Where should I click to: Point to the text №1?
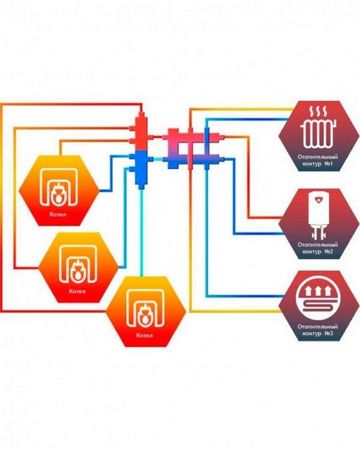pyautogui.click(x=327, y=164)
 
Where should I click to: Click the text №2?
pyautogui.click(x=328, y=251)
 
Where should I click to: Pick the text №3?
pyautogui.click(x=328, y=334)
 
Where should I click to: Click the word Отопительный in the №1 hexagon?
pyautogui.click(x=317, y=157)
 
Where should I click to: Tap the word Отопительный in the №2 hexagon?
pyautogui.click(x=317, y=245)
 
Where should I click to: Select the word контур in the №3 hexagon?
pyautogui.click(x=311, y=334)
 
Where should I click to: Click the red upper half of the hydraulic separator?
pyautogui.click(x=142, y=131)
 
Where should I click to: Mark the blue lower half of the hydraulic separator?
pyautogui.click(x=141, y=168)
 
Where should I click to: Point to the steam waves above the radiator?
pyautogui.click(x=319, y=111)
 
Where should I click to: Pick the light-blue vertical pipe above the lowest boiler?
pyautogui.click(x=141, y=233)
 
